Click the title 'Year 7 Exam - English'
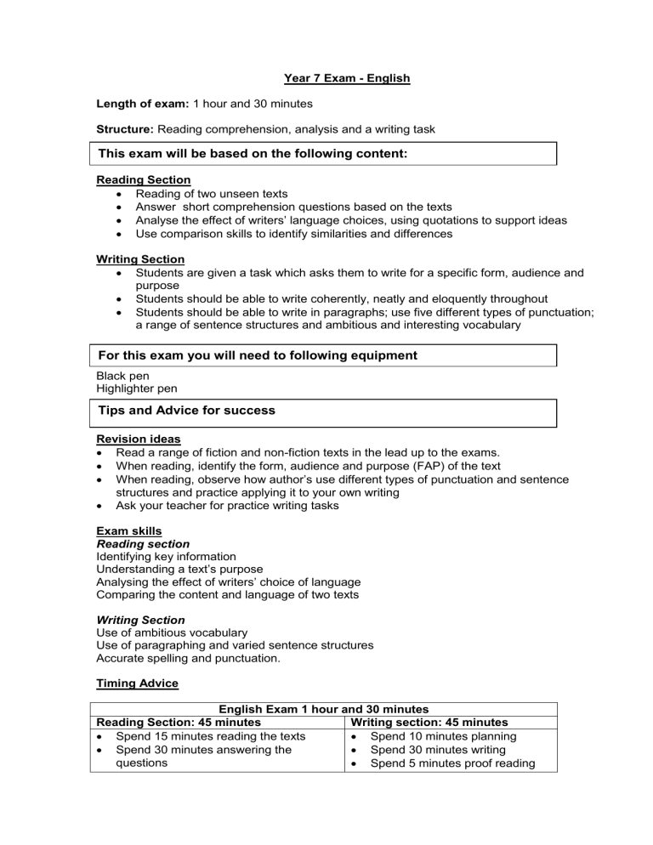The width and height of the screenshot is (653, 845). [346, 79]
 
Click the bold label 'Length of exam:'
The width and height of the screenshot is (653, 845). [143, 105]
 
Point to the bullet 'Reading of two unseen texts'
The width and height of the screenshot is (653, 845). [212, 195]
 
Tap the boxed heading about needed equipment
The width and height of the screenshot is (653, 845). [258, 355]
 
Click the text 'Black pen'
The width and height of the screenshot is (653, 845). [123, 375]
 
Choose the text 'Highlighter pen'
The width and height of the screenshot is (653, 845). [139, 388]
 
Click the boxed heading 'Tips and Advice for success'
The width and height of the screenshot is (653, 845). [187, 410]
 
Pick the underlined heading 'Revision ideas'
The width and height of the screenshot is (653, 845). [139, 439]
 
